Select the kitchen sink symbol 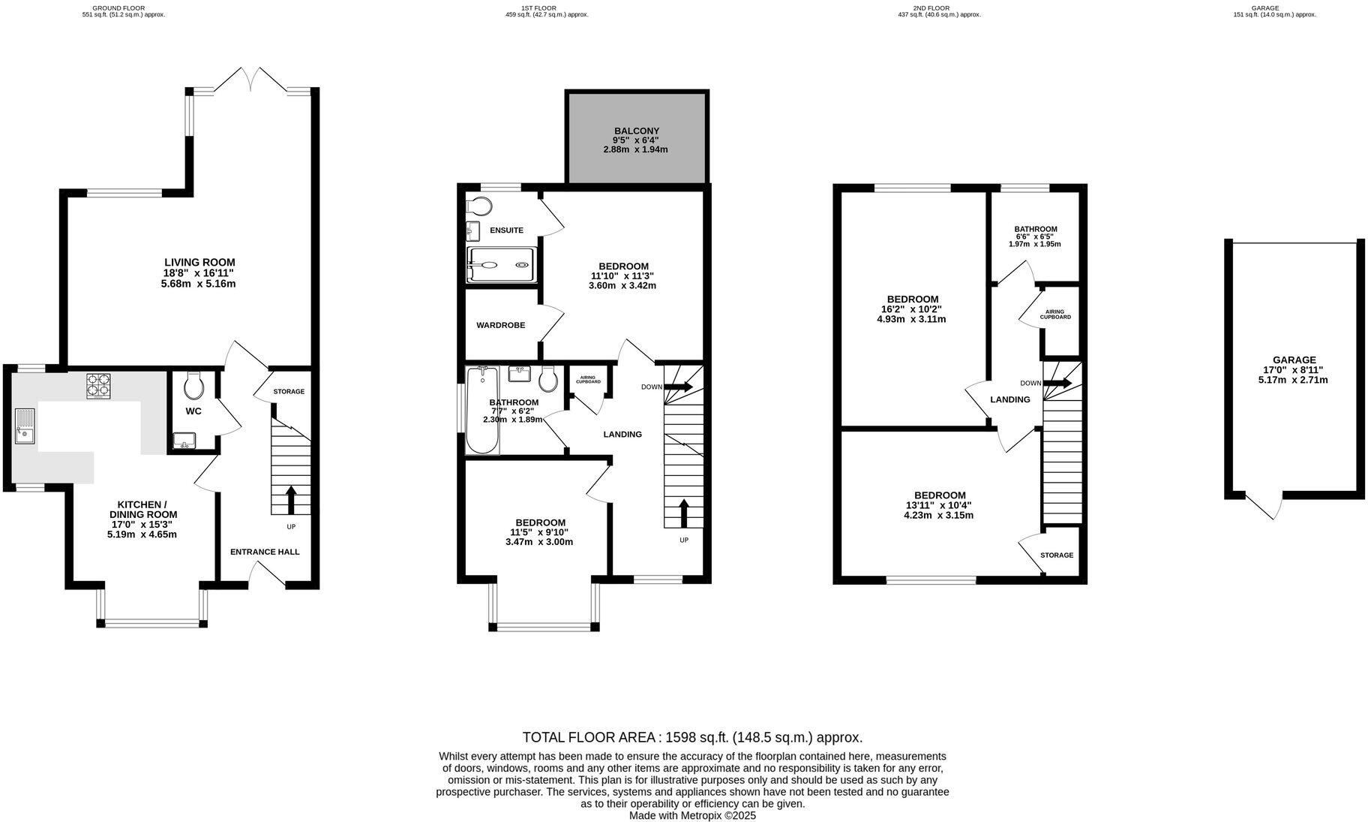pyautogui.click(x=25, y=426)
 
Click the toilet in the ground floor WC pyautogui.click(x=193, y=386)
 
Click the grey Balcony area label pyautogui.click(x=636, y=131)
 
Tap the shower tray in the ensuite pyautogui.click(x=501, y=265)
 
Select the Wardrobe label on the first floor pyautogui.click(x=500, y=325)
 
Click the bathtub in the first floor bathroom pyautogui.click(x=481, y=411)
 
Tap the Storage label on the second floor pyautogui.click(x=1056, y=556)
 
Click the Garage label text pyautogui.click(x=1294, y=360)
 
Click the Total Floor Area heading pyautogui.click(x=691, y=737)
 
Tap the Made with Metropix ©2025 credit pyautogui.click(x=691, y=815)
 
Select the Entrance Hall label pyautogui.click(x=264, y=552)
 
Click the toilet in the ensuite pyautogui.click(x=478, y=205)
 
